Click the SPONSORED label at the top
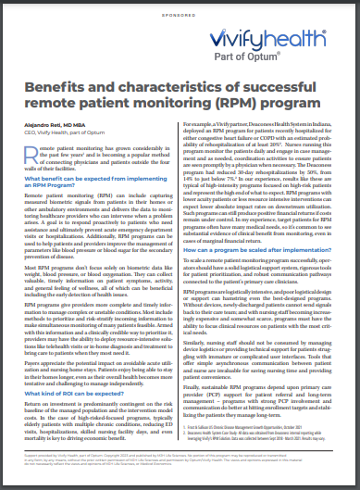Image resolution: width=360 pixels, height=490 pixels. click(180, 17)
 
